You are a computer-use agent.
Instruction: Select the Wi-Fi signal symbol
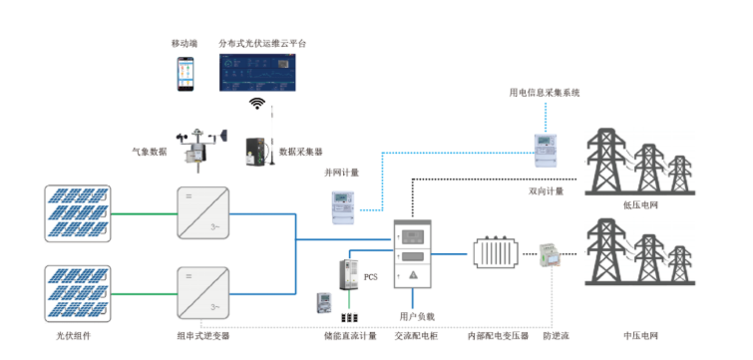click(x=257, y=106)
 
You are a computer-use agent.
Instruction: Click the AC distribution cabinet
click(x=416, y=259)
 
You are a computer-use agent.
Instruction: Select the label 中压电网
click(x=639, y=336)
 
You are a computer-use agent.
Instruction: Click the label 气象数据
click(x=150, y=152)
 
